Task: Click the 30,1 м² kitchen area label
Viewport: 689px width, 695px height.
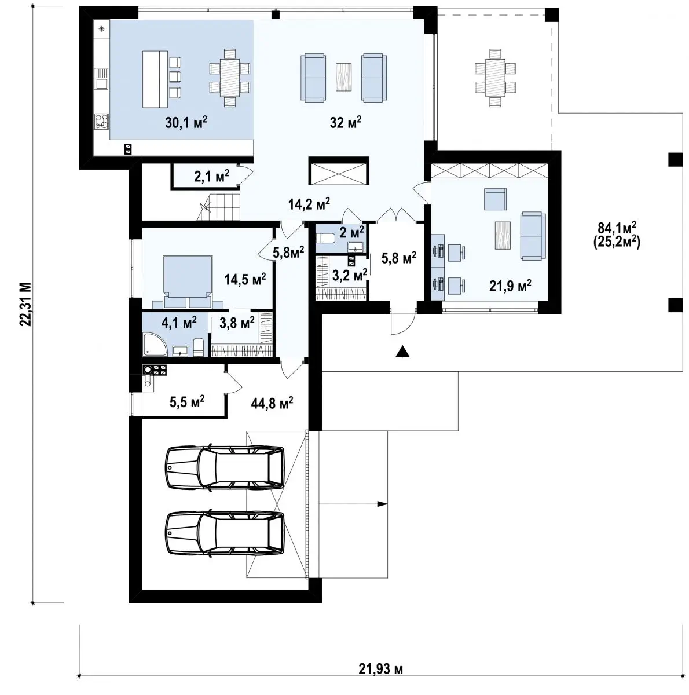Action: point(186,123)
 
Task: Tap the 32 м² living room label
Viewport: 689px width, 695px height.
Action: point(345,123)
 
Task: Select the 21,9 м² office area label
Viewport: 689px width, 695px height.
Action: point(510,286)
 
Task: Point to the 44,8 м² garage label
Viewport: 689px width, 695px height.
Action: point(272,403)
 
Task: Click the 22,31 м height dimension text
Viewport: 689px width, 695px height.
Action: point(25,304)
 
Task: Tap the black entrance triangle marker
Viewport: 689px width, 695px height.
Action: point(402,352)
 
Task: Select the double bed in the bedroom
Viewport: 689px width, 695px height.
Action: point(187,282)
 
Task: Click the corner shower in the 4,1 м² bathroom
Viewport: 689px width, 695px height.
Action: point(155,345)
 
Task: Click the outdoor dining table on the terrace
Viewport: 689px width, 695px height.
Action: point(495,78)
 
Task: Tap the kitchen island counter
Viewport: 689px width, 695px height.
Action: point(155,79)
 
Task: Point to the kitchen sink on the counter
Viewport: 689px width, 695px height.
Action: point(101,79)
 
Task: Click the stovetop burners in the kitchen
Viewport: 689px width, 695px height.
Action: point(101,121)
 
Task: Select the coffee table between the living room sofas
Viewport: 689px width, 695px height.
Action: point(343,77)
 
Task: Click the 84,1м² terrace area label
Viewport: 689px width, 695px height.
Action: point(617,228)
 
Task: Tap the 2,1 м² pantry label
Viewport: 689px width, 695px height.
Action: point(211,177)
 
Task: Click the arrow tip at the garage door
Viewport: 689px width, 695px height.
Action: point(387,504)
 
